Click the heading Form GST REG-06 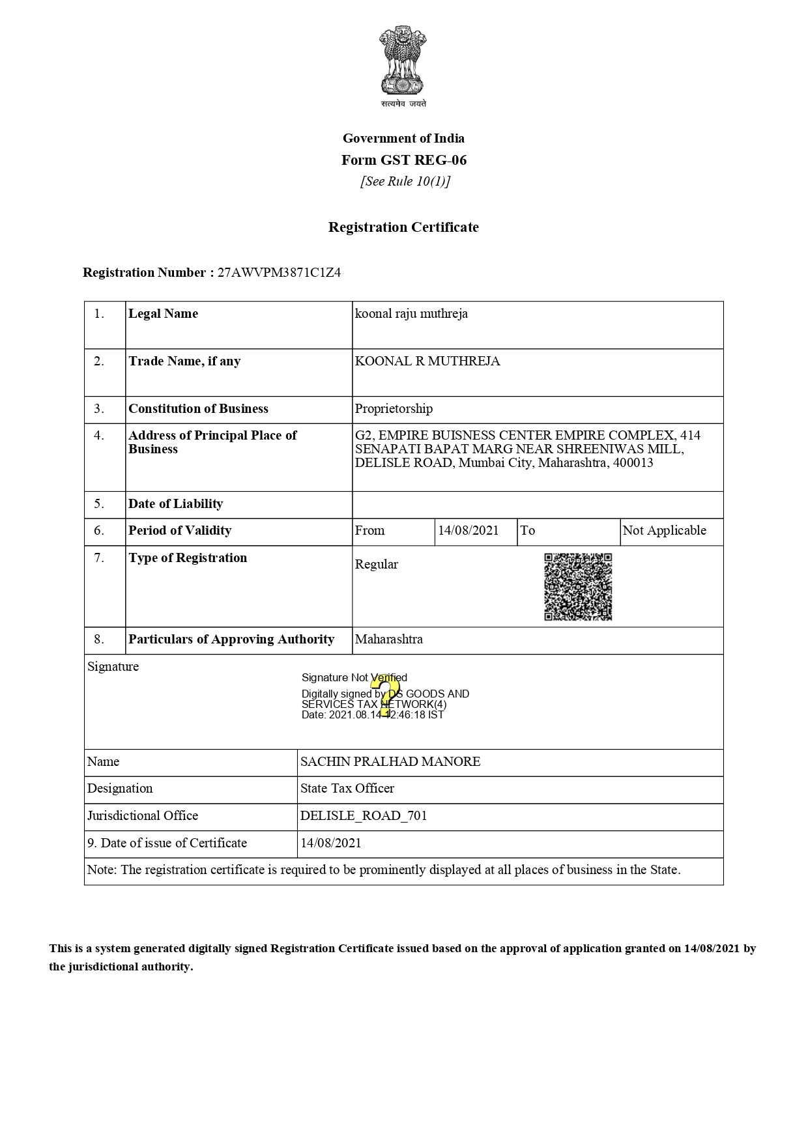pyautogui.click(x=404, y=160)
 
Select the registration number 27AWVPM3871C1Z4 pyautogui.click(x=279, y=273)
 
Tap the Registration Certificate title pyautogui.click(x=403, y=227)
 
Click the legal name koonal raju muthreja pyautogui.click(x=411, y=314)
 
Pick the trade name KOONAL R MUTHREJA pyautogui.click(x=427, y=361)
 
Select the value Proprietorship pyautogui.click(x=394, y=409)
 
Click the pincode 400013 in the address pyautogui.click(x=633, y=463)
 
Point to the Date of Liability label pyautogui.click(x=175, y=504)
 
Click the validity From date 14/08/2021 pyautogui.click(x=468, y=531)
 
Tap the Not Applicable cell pyautogui.click(x=664, y=531)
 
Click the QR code pyautogui.click(x=578, y=587)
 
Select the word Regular pyautogui.click(x=376, y=565)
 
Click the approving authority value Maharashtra pyautogui.click(x=388, y=640)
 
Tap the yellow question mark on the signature pyautogui.click(x=384, y=695)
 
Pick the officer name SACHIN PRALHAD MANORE pyautogui.click(x=390, y=762)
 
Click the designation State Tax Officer pyautogui.click(x=347, y=789)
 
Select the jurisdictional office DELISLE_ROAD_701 pyautogui.click(x=364, y=816)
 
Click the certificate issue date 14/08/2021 pyautogui.click(x=330, y=843)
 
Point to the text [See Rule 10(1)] pyautogui.click(x=405, y=182)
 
